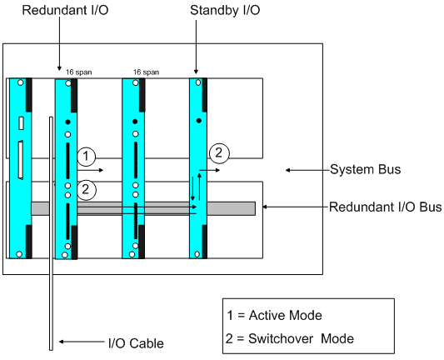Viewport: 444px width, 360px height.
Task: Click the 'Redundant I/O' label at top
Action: [x=65, y=10]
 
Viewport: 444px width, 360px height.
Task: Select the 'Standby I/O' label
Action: [x=225, y=11]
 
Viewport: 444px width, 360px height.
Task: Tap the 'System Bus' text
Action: [x=366, y=169]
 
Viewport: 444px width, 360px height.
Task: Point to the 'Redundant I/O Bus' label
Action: [x=385, y=207]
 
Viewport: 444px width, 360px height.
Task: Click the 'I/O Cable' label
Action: [x=136, y=343]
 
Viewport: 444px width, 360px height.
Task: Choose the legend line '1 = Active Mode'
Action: [x=274, y=315]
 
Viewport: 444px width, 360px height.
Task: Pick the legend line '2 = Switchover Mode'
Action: [x=290, y=338]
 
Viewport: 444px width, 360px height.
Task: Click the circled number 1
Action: [x=87, y=157]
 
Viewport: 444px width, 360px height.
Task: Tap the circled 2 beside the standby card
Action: [x=219, y=153]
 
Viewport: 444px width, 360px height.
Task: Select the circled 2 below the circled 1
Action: [x=86, y=190]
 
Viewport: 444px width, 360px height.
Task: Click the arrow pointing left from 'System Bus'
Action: [x=307, y=170]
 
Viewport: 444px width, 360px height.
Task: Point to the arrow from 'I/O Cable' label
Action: [x=82, y=342]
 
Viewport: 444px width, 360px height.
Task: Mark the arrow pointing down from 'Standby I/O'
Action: [x=196, y=47]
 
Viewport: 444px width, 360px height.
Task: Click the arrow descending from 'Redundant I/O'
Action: [x=59, y=43]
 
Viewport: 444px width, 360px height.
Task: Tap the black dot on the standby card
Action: [x=199, y=121]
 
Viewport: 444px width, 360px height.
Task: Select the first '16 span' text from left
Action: [x=78, y=72]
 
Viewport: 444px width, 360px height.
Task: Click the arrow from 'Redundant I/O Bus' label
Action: [x=296, y=207]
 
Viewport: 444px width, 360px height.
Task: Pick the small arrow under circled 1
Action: [x=90, y=170]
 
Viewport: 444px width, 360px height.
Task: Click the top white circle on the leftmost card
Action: [x=20, y=82]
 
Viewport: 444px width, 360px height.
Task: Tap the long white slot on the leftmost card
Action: [x=21, y=160]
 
